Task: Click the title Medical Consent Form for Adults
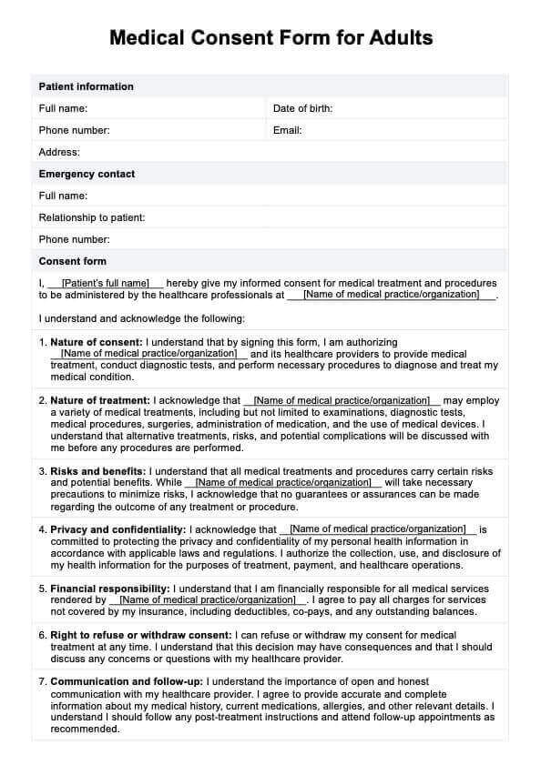point(270,37)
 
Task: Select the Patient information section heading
point(86,87)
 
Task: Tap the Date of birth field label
point(302,109)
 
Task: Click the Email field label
point(287,131)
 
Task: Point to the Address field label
point(59,153)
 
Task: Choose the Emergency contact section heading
point(87,175)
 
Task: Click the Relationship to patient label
point(92,218)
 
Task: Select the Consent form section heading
point(72,262)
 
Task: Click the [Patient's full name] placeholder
point(105,284)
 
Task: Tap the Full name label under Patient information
point(63,109)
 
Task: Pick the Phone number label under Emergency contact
point(74,240)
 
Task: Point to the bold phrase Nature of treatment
point(100,401)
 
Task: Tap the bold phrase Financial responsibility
point(110,589)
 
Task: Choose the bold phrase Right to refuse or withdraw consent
point(141,635)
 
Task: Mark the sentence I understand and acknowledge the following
point(141,319)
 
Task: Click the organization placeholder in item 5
point(209,600)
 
